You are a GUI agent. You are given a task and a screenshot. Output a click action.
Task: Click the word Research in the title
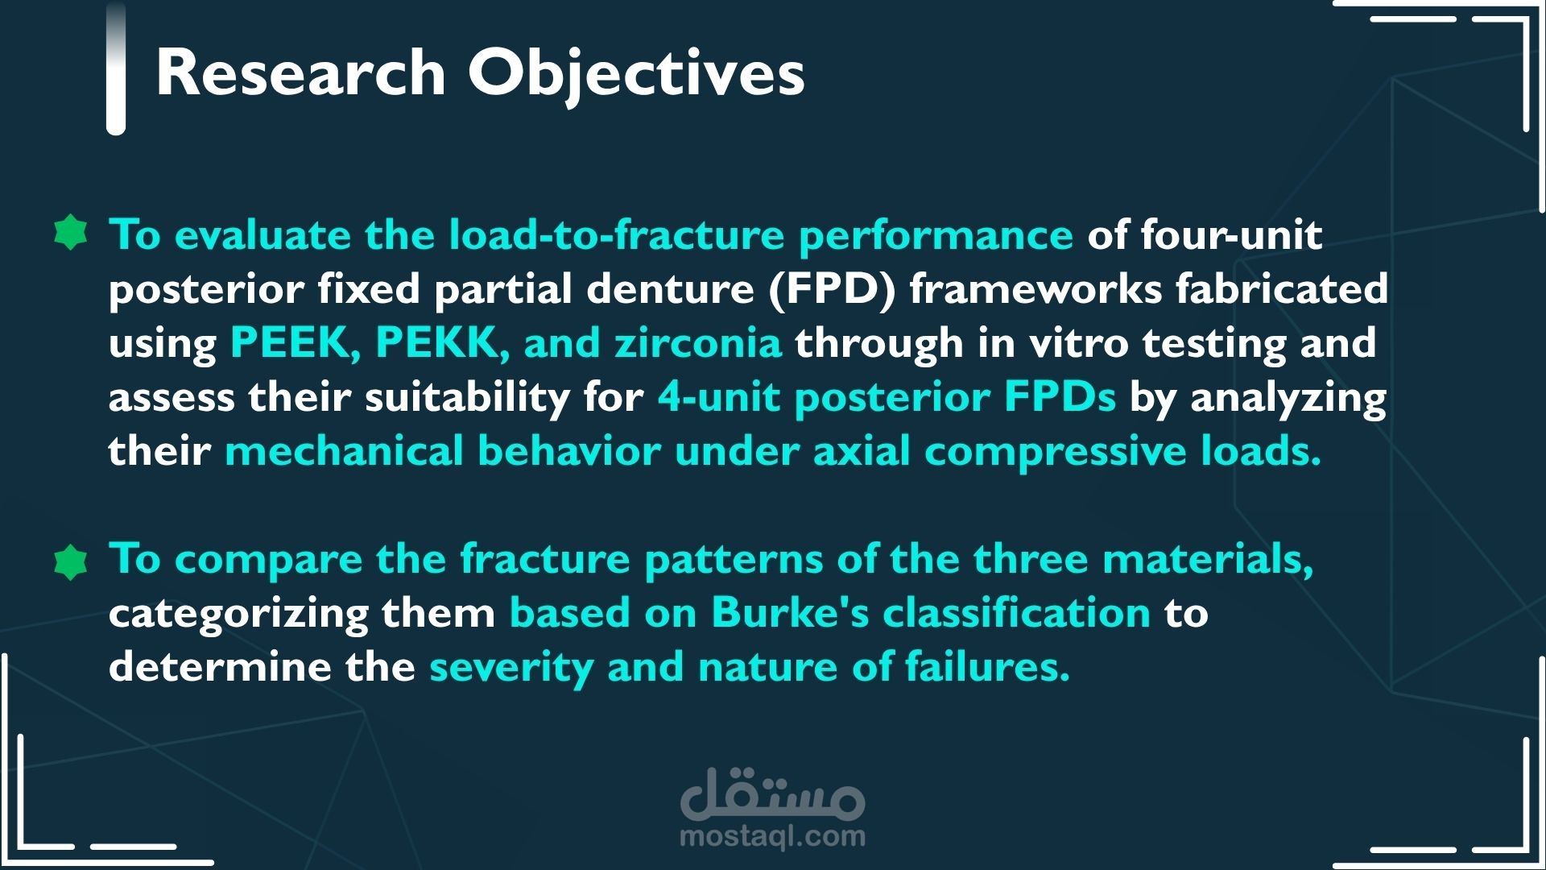point(300,72)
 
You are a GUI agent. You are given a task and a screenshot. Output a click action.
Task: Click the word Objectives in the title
point(636,74)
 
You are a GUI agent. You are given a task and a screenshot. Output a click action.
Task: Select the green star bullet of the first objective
point(71,234)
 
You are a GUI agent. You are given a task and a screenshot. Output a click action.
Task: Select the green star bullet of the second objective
point(71,561)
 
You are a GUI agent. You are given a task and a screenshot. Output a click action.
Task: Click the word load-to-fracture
point(616,234)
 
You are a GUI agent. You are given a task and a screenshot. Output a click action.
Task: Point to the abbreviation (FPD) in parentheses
point(833,289)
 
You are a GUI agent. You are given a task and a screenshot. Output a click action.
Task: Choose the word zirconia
point(697,343)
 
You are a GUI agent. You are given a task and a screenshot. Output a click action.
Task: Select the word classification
point(1017,614)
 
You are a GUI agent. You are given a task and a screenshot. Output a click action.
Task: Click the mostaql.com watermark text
point(773,836)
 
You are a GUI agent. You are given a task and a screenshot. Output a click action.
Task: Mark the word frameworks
point(1035,289)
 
